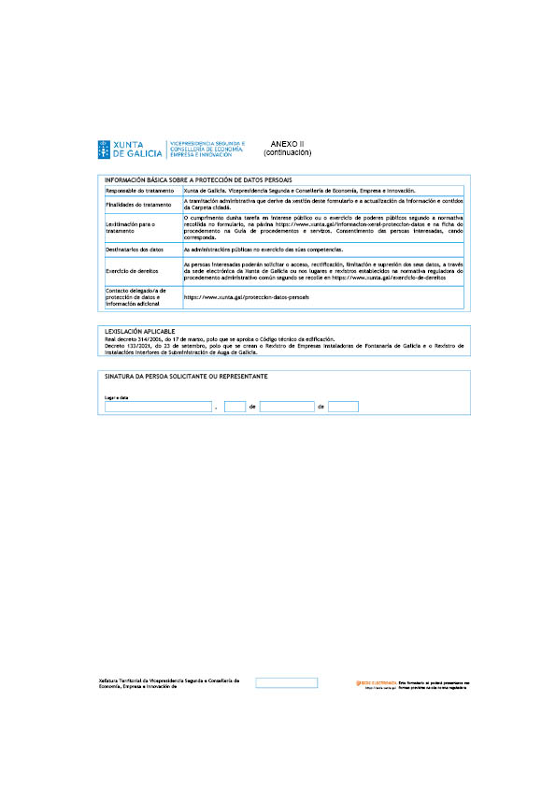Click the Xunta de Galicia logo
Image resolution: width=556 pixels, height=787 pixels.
[x=129, y=149]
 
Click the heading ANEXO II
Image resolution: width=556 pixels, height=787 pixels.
[x=287, y=143]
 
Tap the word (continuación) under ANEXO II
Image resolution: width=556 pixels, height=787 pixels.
[x=287, y=151]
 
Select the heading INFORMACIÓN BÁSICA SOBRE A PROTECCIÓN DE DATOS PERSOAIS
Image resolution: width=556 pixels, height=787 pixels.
[x=198, y=179]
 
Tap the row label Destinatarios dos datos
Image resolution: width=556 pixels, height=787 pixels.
[x=135, y=250]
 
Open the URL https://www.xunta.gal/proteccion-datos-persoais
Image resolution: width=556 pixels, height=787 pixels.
[x=246, y=296]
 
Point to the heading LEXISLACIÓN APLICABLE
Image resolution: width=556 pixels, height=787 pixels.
[x=139, y=331]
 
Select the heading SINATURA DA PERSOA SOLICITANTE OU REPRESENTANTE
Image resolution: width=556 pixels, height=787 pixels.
[x=187, y=376]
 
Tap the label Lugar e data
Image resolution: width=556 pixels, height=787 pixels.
[x=116, y=397]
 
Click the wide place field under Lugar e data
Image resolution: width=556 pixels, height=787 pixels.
[x=158, y=407]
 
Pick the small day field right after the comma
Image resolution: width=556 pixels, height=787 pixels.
[x=235, y=407]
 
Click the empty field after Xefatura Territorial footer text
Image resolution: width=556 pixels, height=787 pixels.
[x=286, y=683]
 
